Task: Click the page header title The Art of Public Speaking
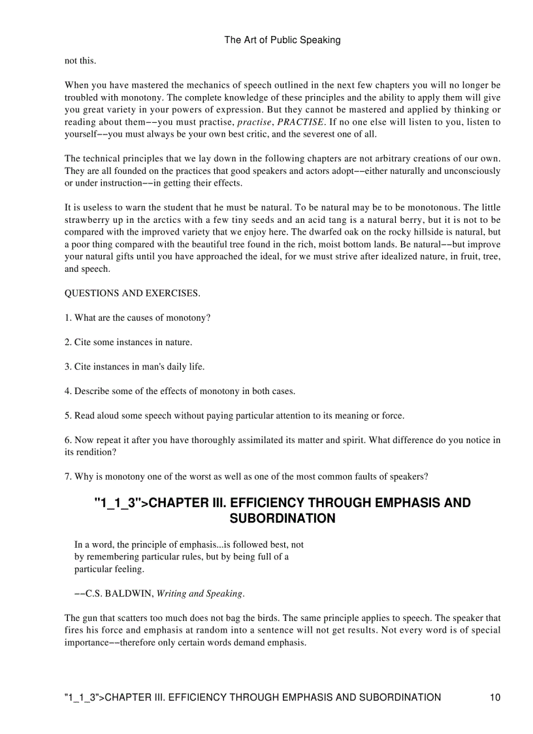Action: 282,40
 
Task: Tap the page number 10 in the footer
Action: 494,697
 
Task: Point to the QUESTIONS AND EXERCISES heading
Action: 132,293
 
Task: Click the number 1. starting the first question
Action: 68,318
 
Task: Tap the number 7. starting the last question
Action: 68,476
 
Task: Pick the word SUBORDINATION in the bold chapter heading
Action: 282,518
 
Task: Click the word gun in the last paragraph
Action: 90,618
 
